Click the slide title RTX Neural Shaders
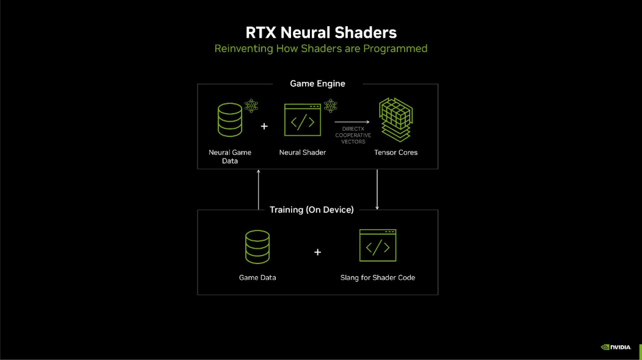320,32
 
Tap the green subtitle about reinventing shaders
320,48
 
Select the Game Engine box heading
317,84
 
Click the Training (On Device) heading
312,210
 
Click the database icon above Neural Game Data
230,120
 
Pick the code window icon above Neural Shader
303,120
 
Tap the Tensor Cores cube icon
396,119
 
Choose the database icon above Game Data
257,246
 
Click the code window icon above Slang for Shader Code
377,246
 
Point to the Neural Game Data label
230,156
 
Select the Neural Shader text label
303,152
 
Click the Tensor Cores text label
396,152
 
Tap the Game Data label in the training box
257,277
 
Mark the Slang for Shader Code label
377,277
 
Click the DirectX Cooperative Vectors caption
353,135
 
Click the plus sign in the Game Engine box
264,127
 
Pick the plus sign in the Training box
317,252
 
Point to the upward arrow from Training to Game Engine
259,189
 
